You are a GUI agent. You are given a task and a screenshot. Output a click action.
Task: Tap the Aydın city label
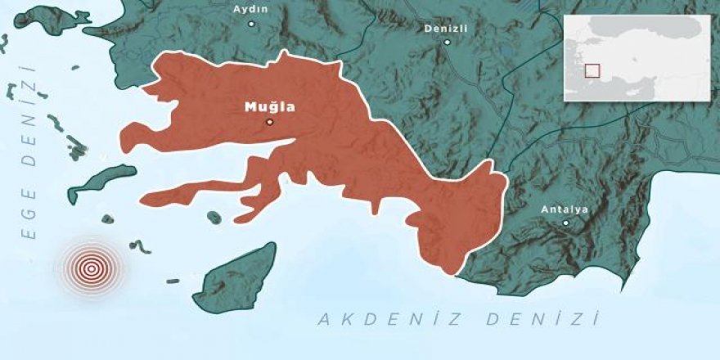coord(252,10)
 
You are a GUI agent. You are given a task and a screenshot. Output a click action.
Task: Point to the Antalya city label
coord(565,209)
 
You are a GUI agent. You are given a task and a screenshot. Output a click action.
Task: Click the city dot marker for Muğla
coord(269,122)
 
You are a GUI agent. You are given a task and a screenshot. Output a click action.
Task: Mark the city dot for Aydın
coord(252,24)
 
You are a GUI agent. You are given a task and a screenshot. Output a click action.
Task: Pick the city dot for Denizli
coord(447,42)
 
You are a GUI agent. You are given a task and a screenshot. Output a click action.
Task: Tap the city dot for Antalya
coord(565,223)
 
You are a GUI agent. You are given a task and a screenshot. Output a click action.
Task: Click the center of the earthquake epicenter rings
coord(91,267)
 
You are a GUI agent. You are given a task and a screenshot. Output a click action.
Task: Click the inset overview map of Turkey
coord(637,57)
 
